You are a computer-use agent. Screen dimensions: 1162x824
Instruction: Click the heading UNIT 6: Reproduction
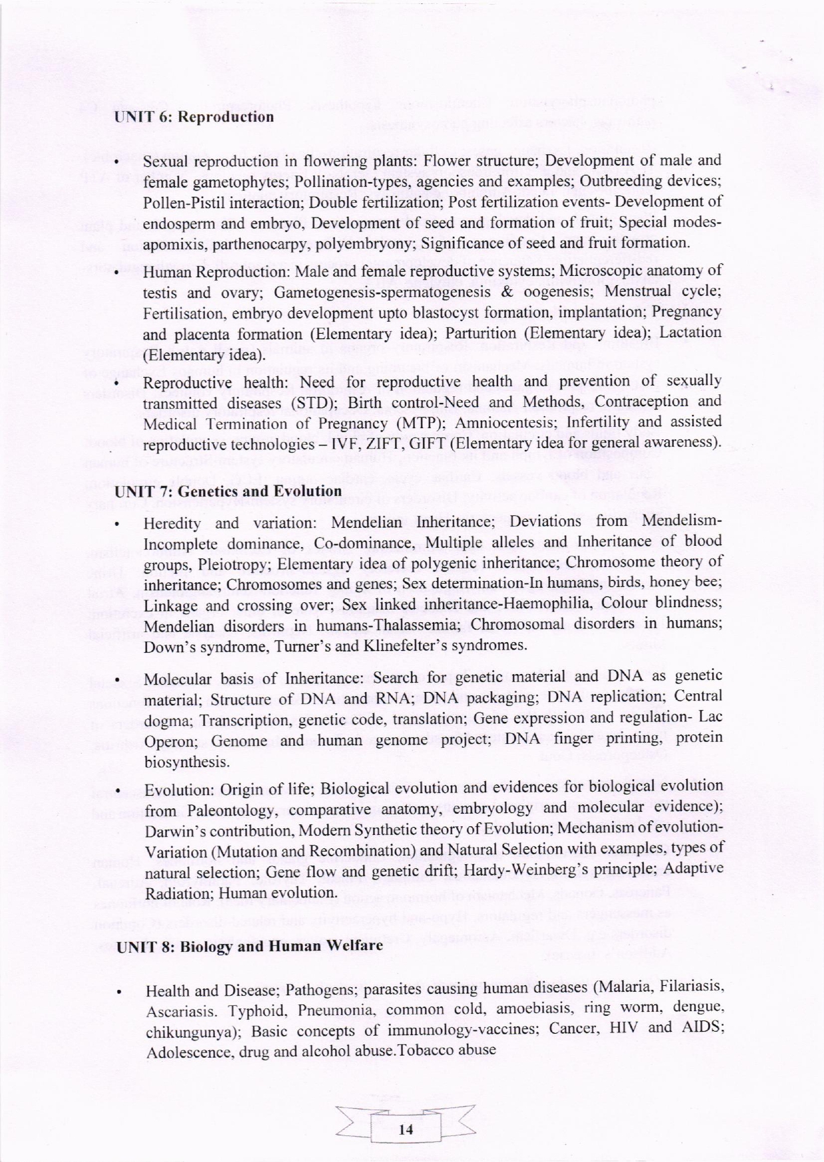(x=194, y=118)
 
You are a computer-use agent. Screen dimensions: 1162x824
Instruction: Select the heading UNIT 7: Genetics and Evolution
(x=229, y=492)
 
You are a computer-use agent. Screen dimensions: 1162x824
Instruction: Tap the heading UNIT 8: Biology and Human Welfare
(x=250, y=946)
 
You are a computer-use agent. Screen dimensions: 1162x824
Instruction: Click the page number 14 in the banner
(x=406, y=1129)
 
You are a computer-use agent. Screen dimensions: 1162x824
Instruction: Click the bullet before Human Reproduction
(x=117, y=273)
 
